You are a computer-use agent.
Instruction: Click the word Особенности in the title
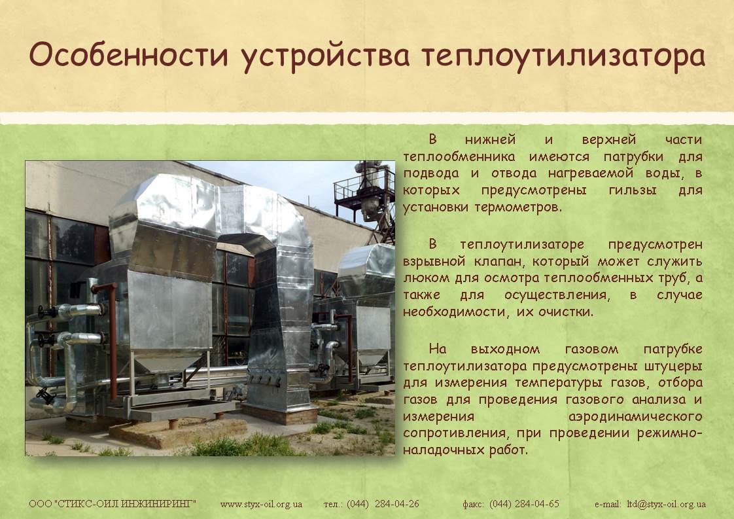[129, 54]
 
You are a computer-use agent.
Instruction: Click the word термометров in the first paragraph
[517, 207]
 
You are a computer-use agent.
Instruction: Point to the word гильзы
[633, 190]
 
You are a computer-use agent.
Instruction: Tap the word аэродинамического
[635, 416]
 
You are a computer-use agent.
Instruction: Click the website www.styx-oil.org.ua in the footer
[261, 505]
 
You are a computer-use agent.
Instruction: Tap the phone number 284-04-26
[397, 504]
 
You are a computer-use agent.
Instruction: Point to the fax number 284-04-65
[537, 504]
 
